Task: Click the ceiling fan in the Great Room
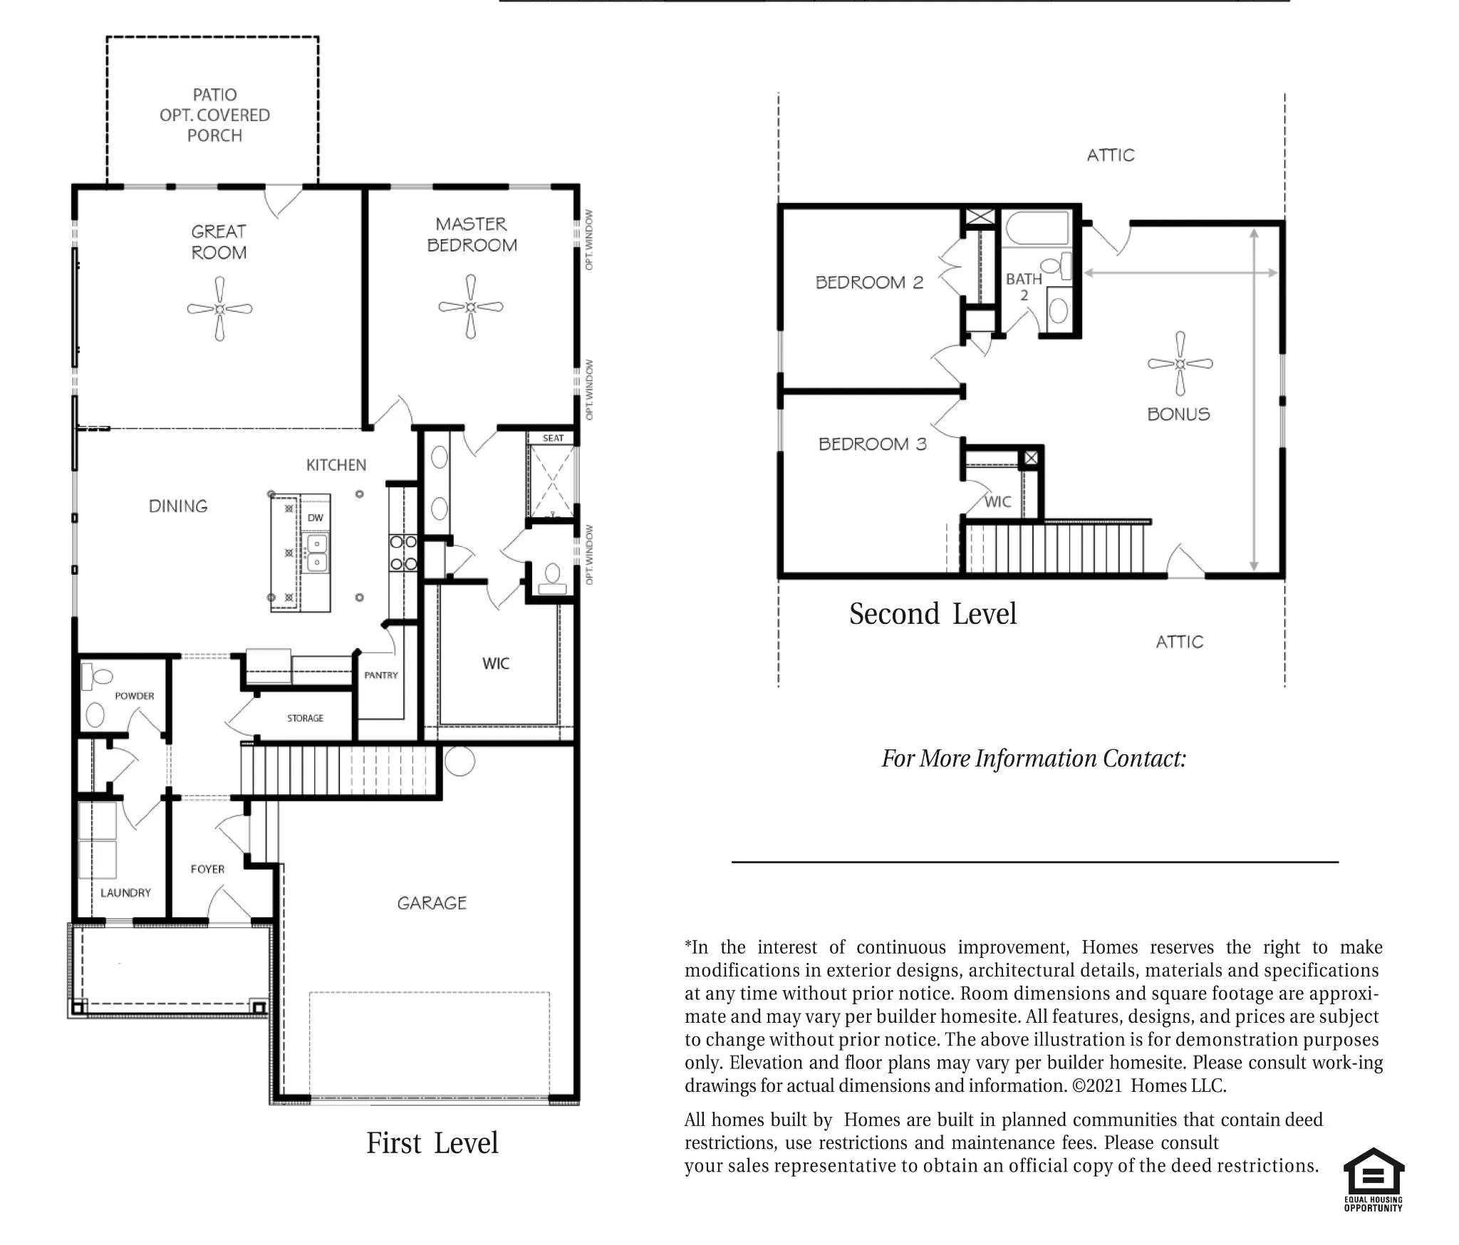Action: [219, 309]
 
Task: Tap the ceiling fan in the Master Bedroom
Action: [470, 307]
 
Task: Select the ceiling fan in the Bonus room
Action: [1180, 364]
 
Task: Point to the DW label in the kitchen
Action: [315, 518]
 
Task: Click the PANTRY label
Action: [381, 675]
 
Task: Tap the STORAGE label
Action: [305, 718]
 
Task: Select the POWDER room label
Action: [135, 696]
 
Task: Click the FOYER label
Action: [207, 869]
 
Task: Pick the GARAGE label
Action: [432, 903]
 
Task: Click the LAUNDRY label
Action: [125, 892]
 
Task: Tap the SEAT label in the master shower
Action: [553, 438]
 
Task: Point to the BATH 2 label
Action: [1024, 286]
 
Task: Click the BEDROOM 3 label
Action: [873, 444]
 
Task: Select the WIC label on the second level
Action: [997, 501]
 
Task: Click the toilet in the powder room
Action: [98, 677]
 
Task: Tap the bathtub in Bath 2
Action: [1037, 228]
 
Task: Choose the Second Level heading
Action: [933, 614]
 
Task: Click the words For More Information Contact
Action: [1034, 759]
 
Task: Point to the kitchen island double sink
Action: [317, 553]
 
